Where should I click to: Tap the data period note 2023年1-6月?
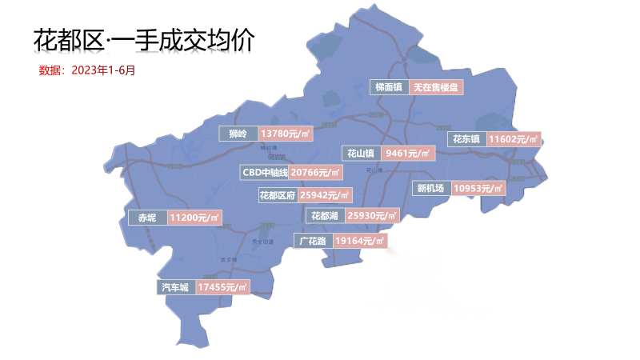pyautogui.click(x=87, y=70)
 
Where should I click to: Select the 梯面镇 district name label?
pyautogui.click(x=389, y=87)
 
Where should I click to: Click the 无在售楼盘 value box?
pyautogui.click(x=436, y=87)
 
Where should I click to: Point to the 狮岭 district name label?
pyautogui.click(x=238, y=134)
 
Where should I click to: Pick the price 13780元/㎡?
pyautogui.click(x=286, y=134)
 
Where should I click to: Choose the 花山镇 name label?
pyautogui.click(x=361, y=153)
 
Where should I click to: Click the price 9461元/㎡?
pyautogui.click(x=407, y=153)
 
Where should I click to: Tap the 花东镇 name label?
pyautogui.click(x=465, y=138)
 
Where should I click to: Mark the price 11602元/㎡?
pyautogui.click(x=514, y=138)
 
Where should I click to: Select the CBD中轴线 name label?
pyautogui.click(x=265, y=172)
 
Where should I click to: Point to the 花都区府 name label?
pyautogui.click(x=278, y=195)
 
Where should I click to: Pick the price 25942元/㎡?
pyautogui.click(x=325, y=195)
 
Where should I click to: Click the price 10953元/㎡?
pyautogui.click(x=478, y=189)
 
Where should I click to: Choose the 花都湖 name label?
pyautogui.click(x=325, y=216)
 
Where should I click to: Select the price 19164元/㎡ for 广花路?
pyautogui.click(x=360, y=240)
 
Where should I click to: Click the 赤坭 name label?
pyautogui.click(x=147, y=218)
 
